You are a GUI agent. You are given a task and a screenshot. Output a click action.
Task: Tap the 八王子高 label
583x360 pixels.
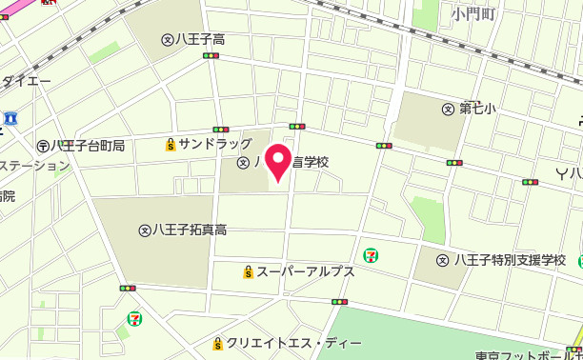200,40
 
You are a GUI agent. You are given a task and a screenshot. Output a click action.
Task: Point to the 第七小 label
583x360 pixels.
478,109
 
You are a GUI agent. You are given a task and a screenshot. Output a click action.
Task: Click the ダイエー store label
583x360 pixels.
26,82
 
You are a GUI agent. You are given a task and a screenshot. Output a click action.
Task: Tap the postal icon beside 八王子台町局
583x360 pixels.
43,146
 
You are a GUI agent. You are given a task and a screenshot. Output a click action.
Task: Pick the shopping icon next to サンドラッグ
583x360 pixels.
171,145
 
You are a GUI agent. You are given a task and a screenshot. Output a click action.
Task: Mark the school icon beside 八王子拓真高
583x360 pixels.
145,230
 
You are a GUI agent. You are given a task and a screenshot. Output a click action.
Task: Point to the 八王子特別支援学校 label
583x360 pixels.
510,260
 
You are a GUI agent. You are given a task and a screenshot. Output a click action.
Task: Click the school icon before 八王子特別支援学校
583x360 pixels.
443,260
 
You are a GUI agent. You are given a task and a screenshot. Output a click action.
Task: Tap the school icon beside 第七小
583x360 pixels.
448,109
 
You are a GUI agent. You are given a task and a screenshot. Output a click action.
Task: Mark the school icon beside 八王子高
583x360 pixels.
168,40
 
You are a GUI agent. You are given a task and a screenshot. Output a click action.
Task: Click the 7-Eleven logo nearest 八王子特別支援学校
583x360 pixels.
370,254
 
